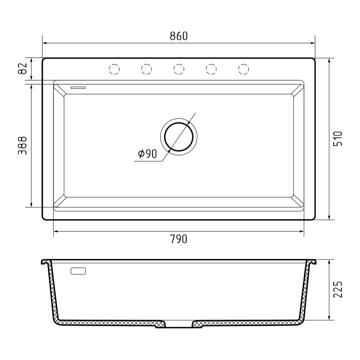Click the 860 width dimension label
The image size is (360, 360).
click(179, 36)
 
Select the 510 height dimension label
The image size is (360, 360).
click(338, 139)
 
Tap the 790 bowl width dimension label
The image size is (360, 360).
click(179, 239)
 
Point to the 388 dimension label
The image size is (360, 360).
click(22, 145)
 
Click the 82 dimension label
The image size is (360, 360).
click(22, 68)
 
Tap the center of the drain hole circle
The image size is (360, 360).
click(179, 137)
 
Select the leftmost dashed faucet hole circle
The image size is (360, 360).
click(114, 69)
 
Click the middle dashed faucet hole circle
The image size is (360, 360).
click(179, 69)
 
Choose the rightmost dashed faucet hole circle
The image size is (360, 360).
click(244, 69)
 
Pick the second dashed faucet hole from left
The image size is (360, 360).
click(147, 69)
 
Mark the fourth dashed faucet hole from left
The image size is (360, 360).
click(211, 69)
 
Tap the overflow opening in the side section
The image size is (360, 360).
click(78, 271)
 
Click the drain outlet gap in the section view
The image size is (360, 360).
click(179, 325)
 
